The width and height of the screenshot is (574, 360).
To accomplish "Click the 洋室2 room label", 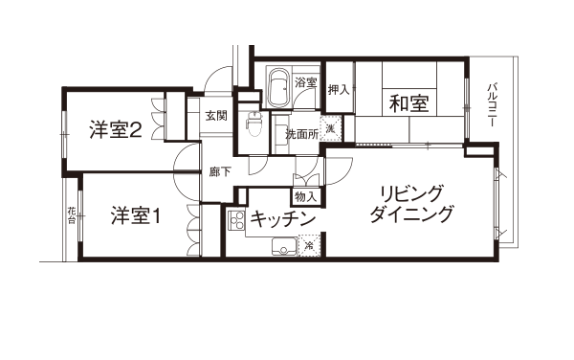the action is [116, 130].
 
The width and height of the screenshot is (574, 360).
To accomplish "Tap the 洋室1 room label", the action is [136, 215].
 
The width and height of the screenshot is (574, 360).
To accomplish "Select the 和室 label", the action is [408, 102].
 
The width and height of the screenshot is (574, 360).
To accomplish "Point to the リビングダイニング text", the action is [411, 204].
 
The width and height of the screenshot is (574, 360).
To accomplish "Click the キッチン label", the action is [282, 219].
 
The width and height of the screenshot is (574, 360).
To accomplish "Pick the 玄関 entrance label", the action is [216, 116].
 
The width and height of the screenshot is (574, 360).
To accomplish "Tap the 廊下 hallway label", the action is [220, 171].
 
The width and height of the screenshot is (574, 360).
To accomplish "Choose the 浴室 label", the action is [306, 82].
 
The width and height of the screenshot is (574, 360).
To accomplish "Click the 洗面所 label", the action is [302, 134].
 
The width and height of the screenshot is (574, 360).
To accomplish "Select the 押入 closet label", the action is [339, 89].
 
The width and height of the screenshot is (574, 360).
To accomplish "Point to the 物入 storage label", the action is [305, 197].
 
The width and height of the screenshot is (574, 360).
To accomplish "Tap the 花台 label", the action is [72, 215].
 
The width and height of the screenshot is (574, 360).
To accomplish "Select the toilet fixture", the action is [254, 124].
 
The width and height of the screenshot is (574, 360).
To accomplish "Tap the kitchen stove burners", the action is [236, 220].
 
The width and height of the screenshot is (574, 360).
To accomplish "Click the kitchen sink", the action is [284, 247].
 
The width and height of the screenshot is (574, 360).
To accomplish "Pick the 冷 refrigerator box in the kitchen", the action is [309, 245].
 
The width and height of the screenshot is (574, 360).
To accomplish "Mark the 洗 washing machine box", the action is [331, 128].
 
